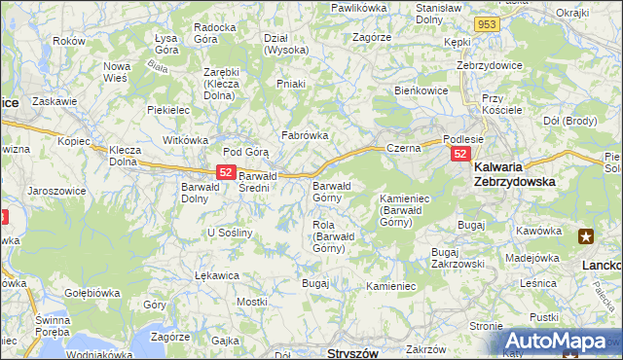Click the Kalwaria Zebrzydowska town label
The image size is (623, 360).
pos(527,174)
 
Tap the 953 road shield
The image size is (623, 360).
pos(488,23)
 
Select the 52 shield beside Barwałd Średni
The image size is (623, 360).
pos(225,172)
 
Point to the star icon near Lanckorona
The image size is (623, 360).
pos(586,235)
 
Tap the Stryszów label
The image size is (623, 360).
pos(351,352)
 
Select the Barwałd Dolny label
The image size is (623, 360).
pos(202,193)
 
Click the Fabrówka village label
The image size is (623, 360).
pos(305,135)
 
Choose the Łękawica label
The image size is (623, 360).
pos(216,275)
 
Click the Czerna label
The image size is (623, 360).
pos(402,148)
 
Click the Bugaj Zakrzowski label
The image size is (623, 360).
pos(458,257)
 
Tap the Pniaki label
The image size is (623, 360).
pos(291,84)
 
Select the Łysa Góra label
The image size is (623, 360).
pos(170,43)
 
